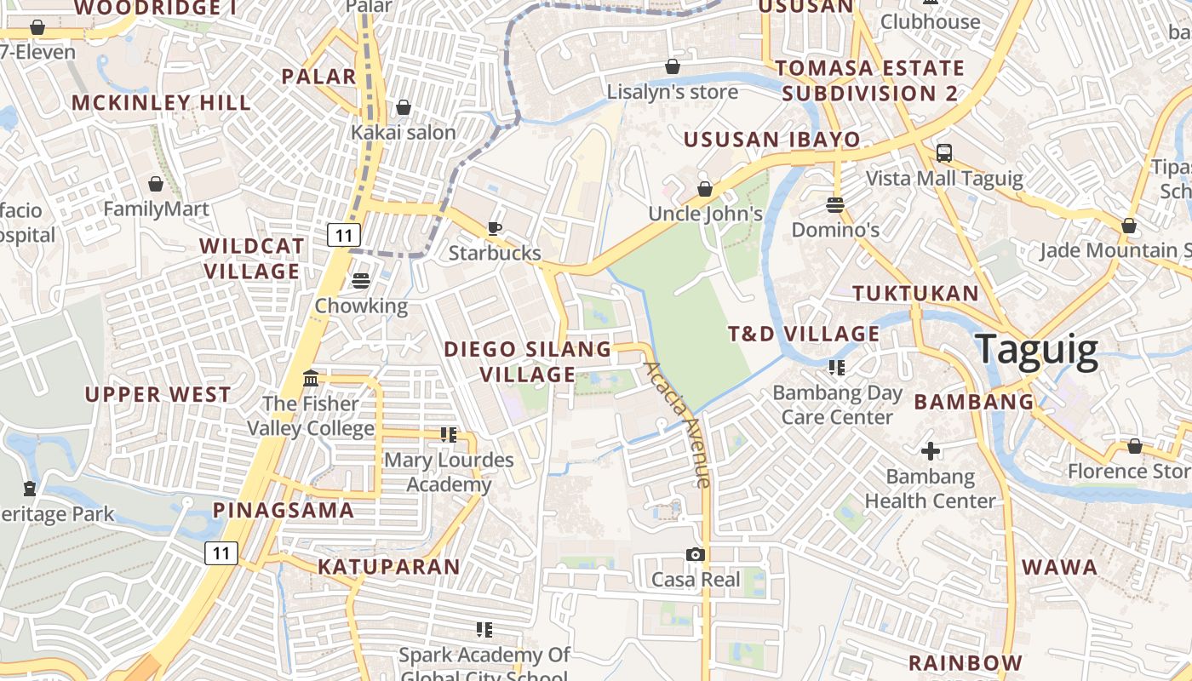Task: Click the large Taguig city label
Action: (x=1036, y=350)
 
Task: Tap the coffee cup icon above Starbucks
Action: (x=494, y=228)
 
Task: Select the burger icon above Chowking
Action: (x=361, y=280)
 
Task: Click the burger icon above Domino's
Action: (x=834, y=204)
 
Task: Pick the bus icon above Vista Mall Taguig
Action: (x=943, y=153)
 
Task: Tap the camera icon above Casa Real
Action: (x=696, y=555)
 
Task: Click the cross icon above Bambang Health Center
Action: (x=931, y=450)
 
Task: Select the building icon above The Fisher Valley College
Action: (x=311, y=378)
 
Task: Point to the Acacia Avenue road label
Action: (x=678, y=424)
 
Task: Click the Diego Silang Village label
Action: (x=528, y=362)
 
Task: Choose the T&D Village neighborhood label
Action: (x=803, y=334)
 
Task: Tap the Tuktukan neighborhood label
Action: (x=915, y=294)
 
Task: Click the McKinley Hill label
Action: (x=161, y=103)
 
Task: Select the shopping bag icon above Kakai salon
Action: (x=404, y=107)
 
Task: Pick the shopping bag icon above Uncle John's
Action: (x=705, y=188)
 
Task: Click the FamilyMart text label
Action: (x=156, y=209)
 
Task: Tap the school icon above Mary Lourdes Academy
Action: (x=449, y=435)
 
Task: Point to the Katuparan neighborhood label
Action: (x=388, y=567)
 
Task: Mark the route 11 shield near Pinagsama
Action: (x=221, y=553)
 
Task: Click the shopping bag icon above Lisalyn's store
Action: (x=673, y=66)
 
